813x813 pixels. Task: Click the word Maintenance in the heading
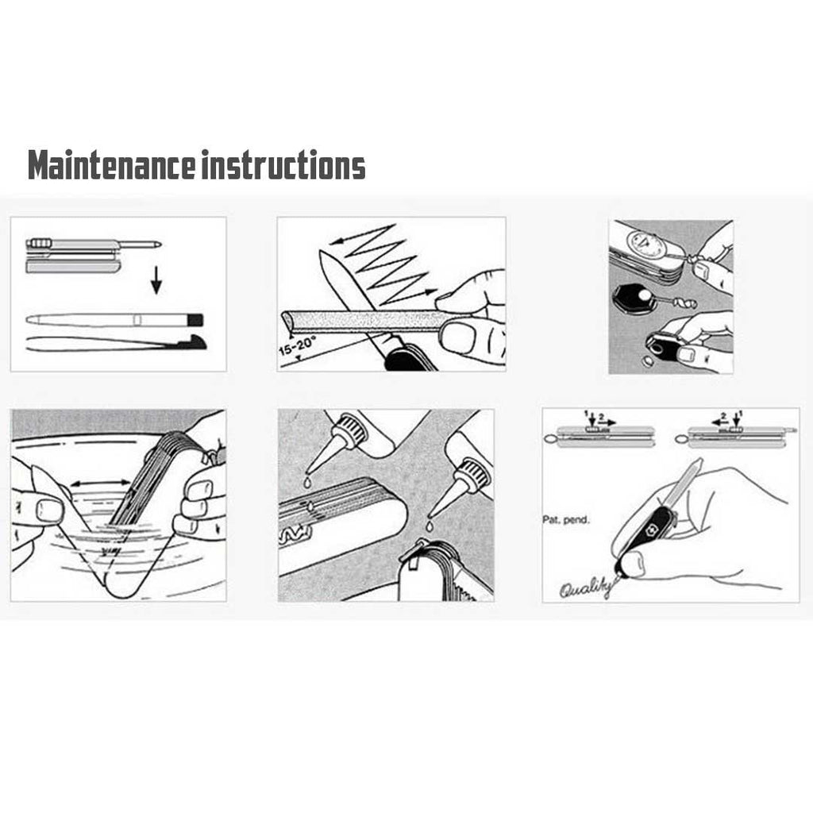110,167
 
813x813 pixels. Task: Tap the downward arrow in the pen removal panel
157,279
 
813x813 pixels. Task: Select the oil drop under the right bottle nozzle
429,525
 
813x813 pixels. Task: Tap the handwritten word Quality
584,588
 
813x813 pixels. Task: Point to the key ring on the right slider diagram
680,437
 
